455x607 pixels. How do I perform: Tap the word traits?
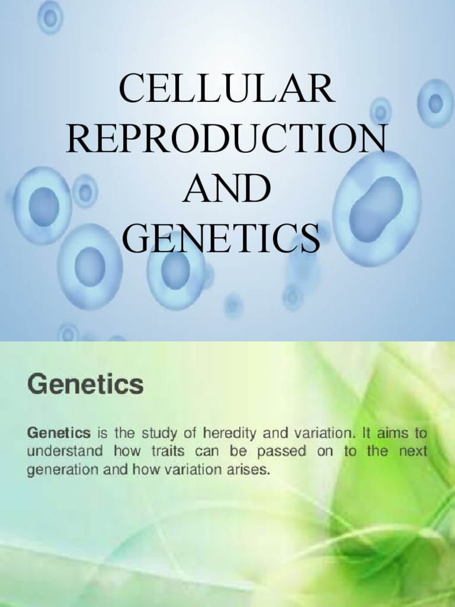pos(155,452)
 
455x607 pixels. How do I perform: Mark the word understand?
pos(57,452)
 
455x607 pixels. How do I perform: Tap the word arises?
pos(251,471)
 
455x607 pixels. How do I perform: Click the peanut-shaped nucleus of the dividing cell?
pos(376,209)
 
